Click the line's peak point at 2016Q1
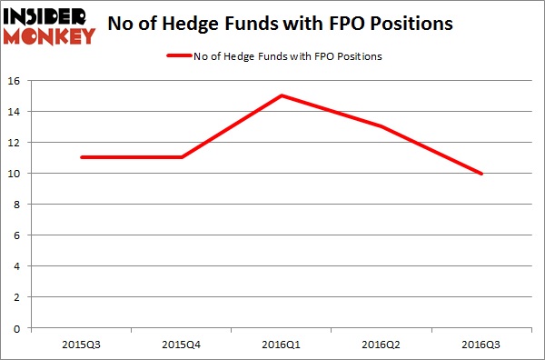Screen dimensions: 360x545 point(282,95)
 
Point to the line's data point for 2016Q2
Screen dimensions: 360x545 point(381,126)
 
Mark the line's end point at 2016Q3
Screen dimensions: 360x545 point(481,173)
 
